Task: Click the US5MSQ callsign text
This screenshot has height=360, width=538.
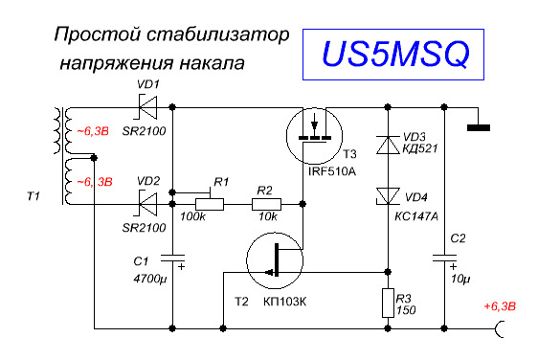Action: pos(395,54)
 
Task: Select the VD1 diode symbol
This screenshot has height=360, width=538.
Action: pos(147,107)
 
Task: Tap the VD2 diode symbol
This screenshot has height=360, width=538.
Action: pos(147,204)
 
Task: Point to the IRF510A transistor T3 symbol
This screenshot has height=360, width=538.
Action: pos(314,136)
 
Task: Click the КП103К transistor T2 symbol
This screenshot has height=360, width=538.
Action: pos(275,260)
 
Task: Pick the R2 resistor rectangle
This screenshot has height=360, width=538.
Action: pos(266,204)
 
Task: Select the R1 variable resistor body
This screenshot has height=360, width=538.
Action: pos(210,204)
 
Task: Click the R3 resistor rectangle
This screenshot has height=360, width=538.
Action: pos(388,303)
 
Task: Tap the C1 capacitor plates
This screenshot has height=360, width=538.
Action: pos(173,259)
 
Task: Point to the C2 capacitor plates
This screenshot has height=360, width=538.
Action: pos(445,259)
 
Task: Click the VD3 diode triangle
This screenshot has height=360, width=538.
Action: pos(388,145)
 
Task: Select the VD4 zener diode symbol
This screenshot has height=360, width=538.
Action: pos(388,196)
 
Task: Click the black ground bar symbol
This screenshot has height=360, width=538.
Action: pos(479,128)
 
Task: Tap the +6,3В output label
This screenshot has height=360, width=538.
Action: pos(500,306)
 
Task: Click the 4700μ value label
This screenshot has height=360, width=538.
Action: pos(150,279)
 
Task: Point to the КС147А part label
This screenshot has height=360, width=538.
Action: pos(416,216)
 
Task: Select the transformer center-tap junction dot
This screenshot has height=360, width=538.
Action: pos(94,158)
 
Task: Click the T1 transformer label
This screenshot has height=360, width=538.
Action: pos(34,196)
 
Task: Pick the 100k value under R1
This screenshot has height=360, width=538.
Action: pos(192,216)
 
